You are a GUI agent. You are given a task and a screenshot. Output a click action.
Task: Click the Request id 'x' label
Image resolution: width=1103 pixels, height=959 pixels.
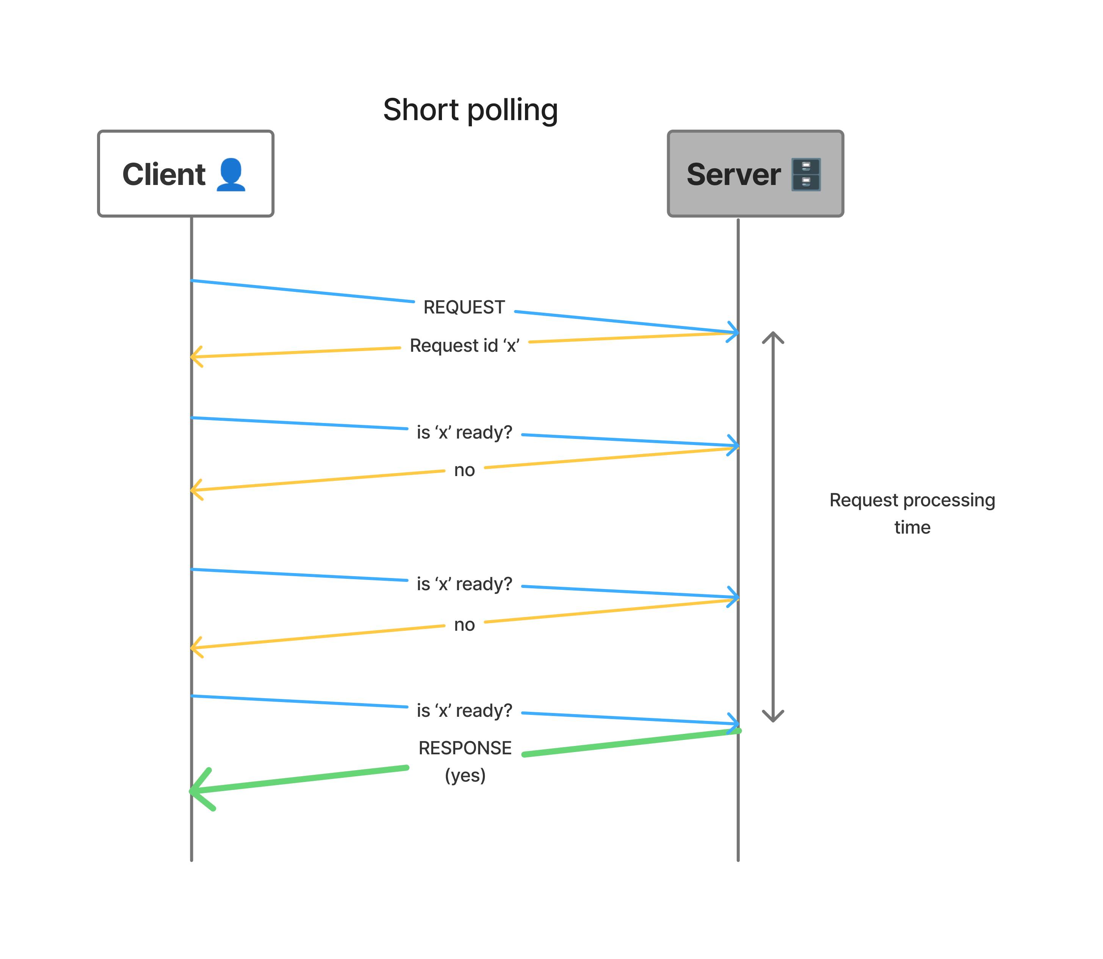(464, 345)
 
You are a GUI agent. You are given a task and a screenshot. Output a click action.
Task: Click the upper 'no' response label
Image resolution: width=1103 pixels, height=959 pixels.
(464, 470)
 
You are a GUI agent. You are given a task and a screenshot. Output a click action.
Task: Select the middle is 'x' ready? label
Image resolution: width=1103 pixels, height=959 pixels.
(464, 583)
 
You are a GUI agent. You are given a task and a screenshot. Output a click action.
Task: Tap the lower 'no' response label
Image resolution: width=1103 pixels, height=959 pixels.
(464, 625)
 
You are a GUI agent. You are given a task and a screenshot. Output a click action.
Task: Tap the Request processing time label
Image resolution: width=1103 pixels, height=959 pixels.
(912, 513)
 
